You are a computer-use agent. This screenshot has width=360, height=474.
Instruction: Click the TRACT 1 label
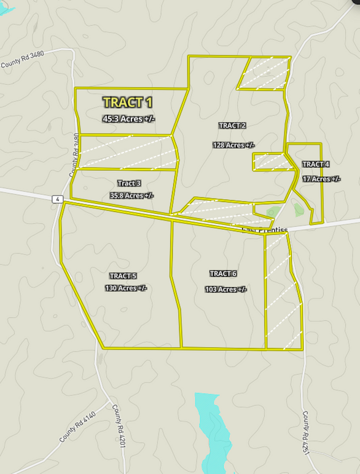pos(128,102)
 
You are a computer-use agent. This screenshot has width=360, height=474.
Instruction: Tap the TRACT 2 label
pos(232,125)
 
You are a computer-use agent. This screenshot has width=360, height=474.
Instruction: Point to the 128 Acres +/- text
pos(233,145)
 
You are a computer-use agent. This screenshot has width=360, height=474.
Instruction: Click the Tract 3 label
pos(129,183)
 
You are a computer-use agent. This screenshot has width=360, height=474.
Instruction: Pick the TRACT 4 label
pos(316,164)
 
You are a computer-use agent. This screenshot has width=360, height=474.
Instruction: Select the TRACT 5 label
pos(123,275)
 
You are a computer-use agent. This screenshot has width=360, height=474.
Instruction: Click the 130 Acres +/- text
pos(126,288)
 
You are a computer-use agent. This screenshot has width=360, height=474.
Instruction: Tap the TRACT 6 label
pos(223,274)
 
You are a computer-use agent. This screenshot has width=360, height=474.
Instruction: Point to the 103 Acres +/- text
pos(225,289)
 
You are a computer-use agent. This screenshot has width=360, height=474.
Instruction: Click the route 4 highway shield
pos(57,199)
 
